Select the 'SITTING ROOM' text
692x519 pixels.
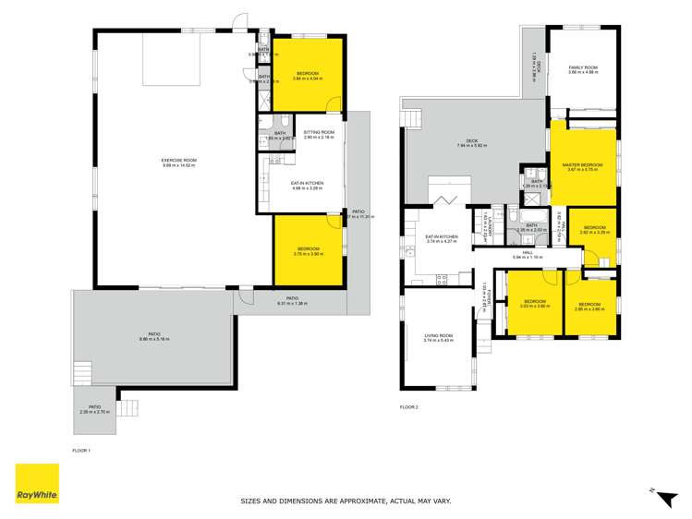pyautogui.click(x=319, y=132)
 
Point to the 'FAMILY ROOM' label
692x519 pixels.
pyautogui.click(x=582, y=67)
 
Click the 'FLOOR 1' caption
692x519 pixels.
pyautogui.click(x=81, y=450)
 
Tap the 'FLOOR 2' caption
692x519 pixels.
pyautogui.click(x=409, y=406)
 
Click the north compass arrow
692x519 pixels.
pyautogui.click(x=662, y=496)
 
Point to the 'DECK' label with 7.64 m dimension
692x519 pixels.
pyautogui.click(x=471, y=141)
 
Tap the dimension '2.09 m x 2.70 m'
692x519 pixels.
pyautogui.click(x=94, y=412)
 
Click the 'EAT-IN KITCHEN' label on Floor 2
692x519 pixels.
pyautogui.click(x=442, y=236)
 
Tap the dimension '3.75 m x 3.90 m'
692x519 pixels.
pyautogui.click(x=308, y=254)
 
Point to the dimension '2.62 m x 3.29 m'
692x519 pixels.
pyautogui.click(x=594, y=232)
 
